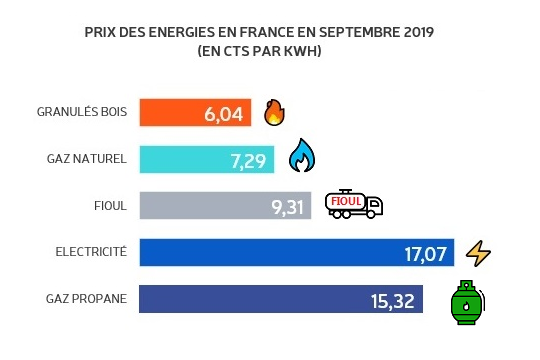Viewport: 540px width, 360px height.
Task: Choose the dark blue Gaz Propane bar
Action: pyautogui.click(x=250, y=300)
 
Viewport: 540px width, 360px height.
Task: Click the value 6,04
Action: pyautogui.click(x=224, y=113)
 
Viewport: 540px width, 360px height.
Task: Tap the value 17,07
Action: pyautogui.click(x=423, y=253)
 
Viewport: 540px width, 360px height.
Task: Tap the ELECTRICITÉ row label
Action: pyautogui.click(x=93, y=252)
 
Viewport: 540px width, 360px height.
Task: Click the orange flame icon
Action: pyautogui.click(x=274, y=112)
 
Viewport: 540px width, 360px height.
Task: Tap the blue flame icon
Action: pyautogui.click(x=301, y=157)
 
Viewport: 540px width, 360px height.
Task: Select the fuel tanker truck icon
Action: pyautogui.click(x=354, y=204)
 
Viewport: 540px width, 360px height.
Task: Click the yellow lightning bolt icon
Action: pyautogui.click(x=480, y=253)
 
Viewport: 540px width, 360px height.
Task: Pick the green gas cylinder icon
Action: pyautogui.click(x=464, y=302)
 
